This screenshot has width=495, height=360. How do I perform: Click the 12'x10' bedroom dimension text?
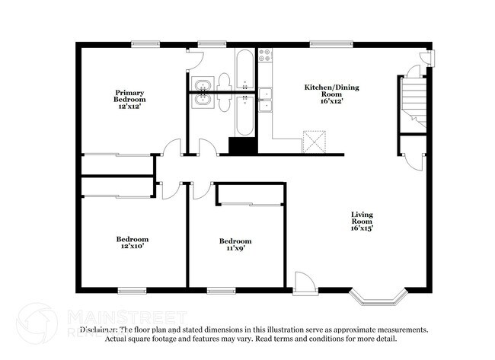tap(131, 246)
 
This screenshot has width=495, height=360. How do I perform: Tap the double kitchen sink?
tap(265, 100)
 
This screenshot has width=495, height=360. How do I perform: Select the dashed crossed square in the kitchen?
tap(313, 142)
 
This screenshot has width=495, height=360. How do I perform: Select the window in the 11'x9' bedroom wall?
tap(221, 289)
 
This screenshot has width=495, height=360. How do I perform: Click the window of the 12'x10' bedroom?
tap(132, 289)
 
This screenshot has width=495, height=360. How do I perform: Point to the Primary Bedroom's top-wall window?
tap(145, 43)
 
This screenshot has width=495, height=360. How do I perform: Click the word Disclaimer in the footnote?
tap(100, 330)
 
